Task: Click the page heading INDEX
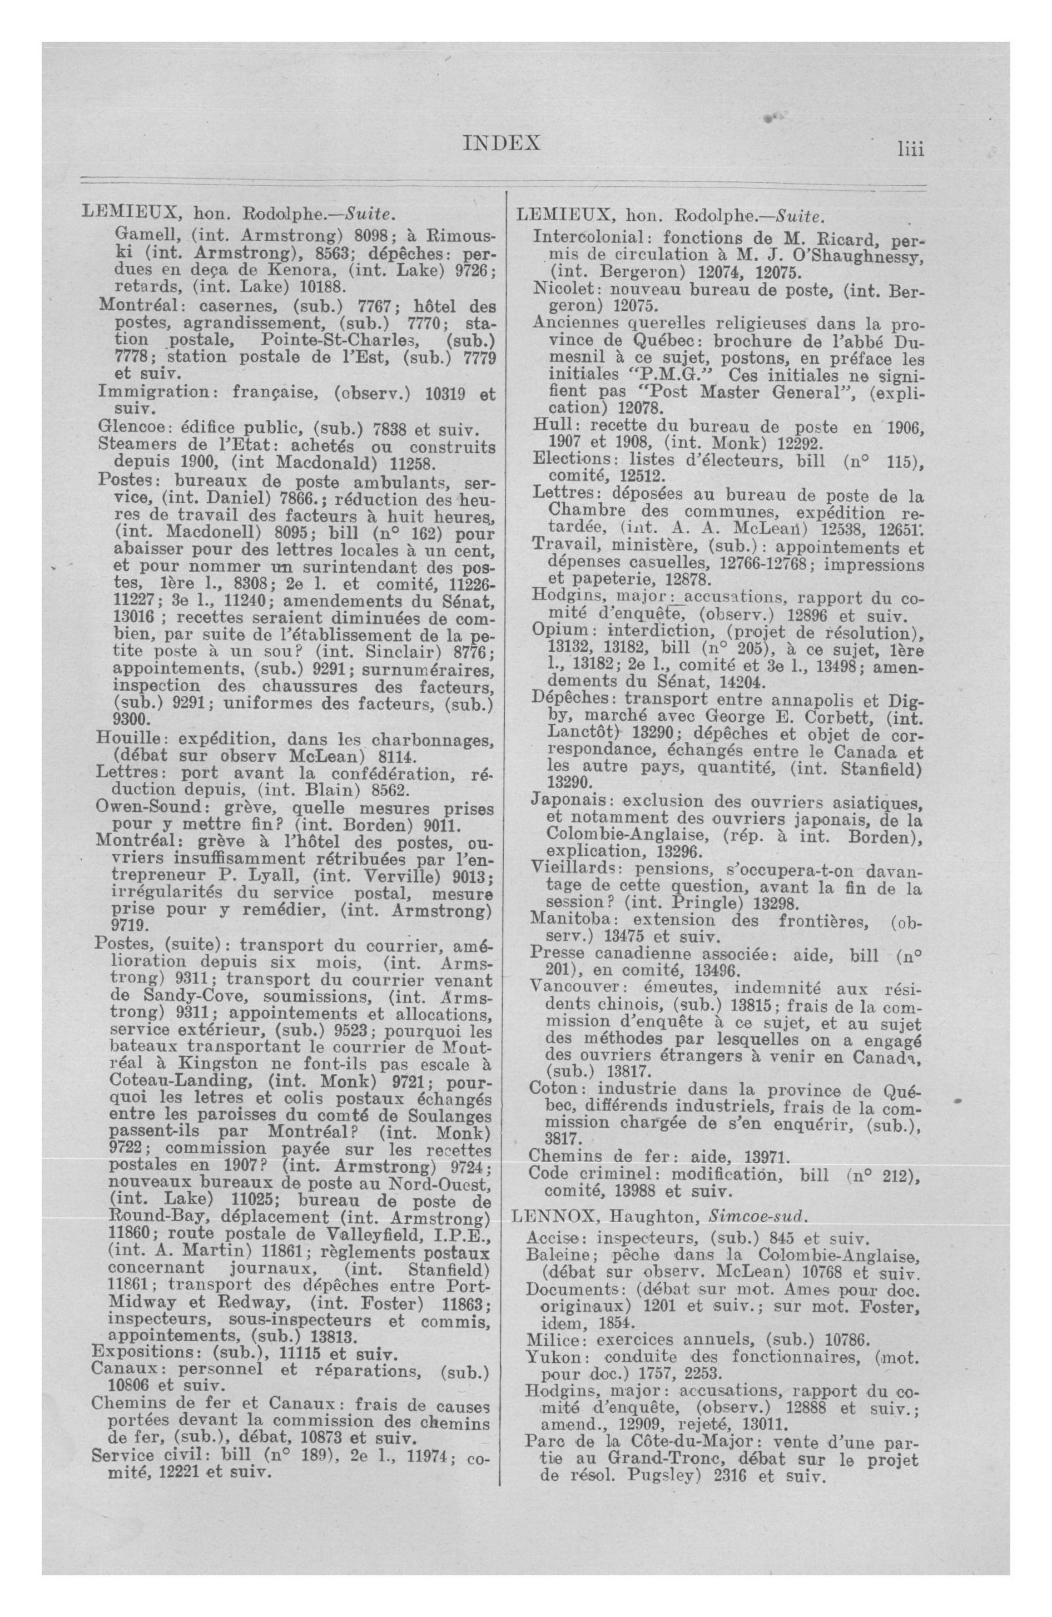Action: tap(502, 143)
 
